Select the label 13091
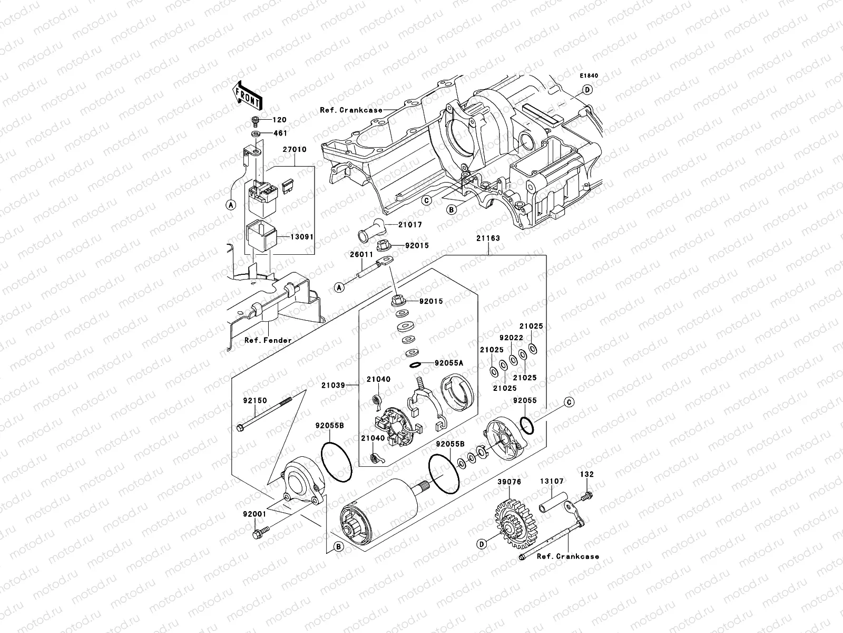pyautogui.click(x=302, y=237)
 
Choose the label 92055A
pyautogui.click(x=449, y=363)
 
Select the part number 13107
pyautogui.click(x=552, y=481)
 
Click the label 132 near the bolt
pyautogui.click(x=587, y=474)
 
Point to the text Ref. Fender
pyautogui.click(x=268, y=340)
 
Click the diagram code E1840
pyautogui.click(x=590, y=76)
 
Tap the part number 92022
pyautogui.click(x=511, y=338)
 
